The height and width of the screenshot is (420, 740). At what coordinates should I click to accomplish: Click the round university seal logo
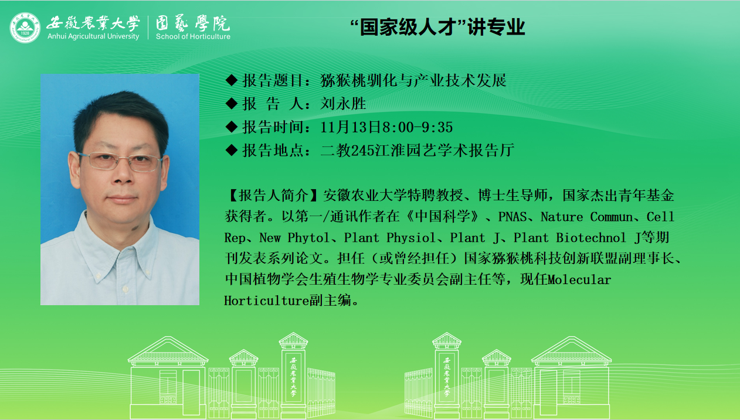coord(25,28)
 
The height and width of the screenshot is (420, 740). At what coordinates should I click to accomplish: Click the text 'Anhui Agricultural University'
coord(93,36)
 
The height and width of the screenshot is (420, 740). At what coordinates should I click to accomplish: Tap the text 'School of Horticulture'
coord(193,36)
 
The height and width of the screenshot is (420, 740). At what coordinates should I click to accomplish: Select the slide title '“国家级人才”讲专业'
coord(437,27)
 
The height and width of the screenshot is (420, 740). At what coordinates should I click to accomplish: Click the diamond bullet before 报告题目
coord(231,80)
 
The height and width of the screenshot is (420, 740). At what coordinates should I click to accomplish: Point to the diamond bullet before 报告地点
coord(231,151)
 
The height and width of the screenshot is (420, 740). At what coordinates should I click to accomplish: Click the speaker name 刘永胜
coord(343,104)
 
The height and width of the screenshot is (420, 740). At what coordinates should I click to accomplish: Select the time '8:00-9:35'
coord(417,127)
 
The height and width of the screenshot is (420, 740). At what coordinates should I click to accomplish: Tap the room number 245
coord(362,151)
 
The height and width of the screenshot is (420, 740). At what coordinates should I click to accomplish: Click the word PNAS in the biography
coord(512,217)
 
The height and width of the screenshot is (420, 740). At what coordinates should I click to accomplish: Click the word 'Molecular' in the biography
coord(579,280)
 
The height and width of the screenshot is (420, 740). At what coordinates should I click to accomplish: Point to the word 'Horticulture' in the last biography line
coord(267,301)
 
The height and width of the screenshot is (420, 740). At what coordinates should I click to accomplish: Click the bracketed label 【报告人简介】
coord(273,196)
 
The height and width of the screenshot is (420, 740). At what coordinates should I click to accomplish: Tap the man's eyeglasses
coord(120,162)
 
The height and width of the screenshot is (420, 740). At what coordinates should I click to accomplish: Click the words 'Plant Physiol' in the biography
coord(389,238)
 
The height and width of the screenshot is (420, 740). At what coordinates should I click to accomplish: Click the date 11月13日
coord(351,127)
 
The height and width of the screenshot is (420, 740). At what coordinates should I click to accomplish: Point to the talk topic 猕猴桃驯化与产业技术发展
coord(413,80)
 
